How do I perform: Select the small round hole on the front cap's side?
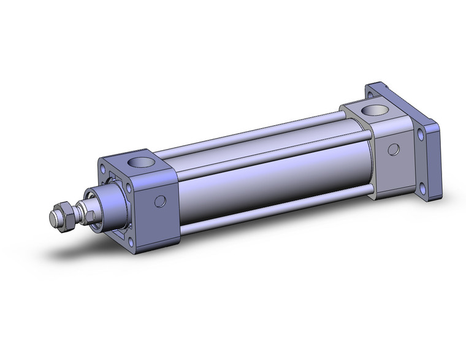pos(160,201)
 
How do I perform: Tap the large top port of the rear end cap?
pos(371,112)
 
